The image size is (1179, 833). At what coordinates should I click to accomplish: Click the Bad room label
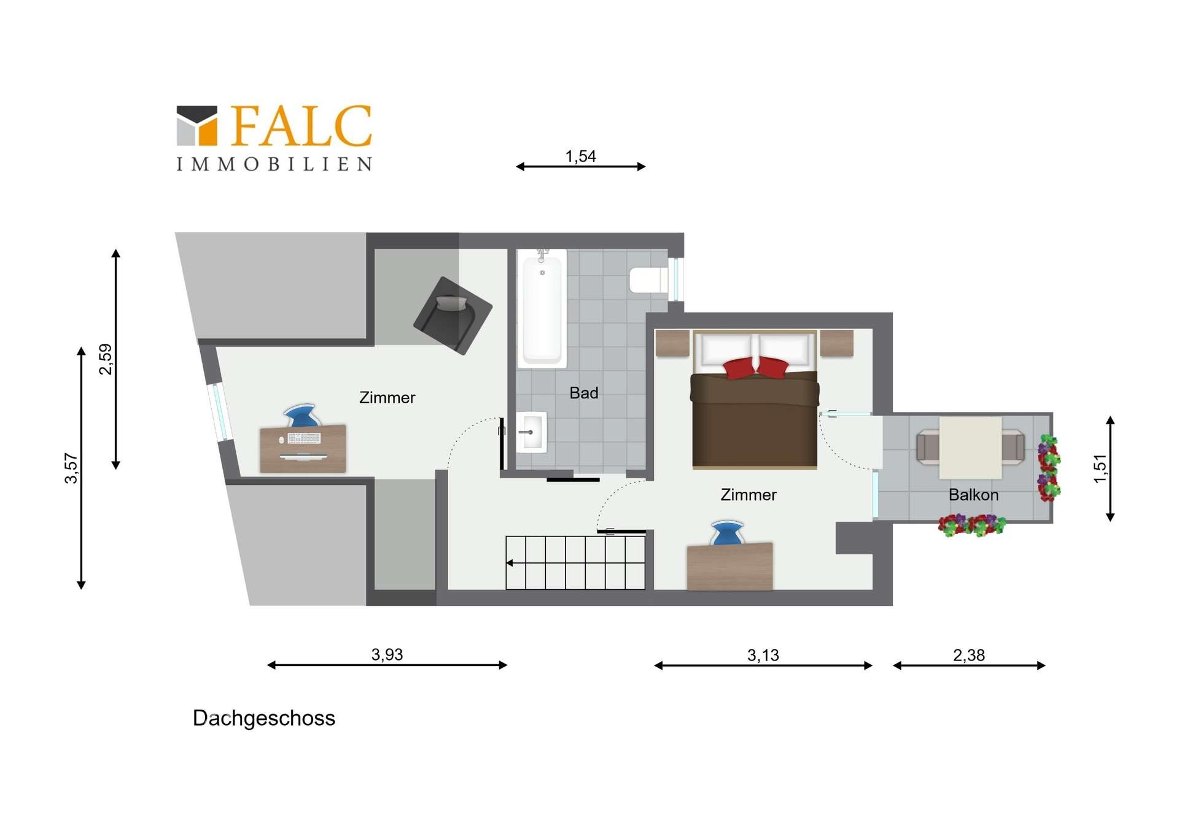pos(583,393)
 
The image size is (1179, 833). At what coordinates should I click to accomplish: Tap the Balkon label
pos(973,495)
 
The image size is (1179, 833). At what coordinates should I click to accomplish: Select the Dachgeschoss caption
pos(264,718)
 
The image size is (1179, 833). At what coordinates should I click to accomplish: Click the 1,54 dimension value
pos(580,157)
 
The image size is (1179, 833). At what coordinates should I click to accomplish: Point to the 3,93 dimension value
pos(387,654)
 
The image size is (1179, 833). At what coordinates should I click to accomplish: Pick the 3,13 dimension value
pos(763,655)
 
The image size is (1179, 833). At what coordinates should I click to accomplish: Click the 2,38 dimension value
pos(968,655)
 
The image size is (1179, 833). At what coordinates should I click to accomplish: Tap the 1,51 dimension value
pos(1100,468)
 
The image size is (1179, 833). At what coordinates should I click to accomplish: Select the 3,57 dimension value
pos(71,468)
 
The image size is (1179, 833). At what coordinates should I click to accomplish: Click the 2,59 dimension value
pos(106,359)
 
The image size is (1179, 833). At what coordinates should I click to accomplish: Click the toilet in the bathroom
pos(648,280)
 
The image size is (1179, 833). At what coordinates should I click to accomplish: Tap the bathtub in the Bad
pos(542,308)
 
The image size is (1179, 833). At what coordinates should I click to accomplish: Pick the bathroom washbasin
pos(531,432)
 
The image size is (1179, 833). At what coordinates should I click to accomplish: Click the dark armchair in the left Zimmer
pos(453,316)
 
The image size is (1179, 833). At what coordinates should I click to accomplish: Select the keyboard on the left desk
pos(304,438)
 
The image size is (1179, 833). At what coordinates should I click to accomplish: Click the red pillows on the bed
pos(756,368)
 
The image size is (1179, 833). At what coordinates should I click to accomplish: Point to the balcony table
pos(970,447)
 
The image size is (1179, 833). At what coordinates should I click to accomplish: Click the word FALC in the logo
pos(302,126)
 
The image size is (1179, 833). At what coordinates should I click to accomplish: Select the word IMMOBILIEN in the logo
pos(274,164)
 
